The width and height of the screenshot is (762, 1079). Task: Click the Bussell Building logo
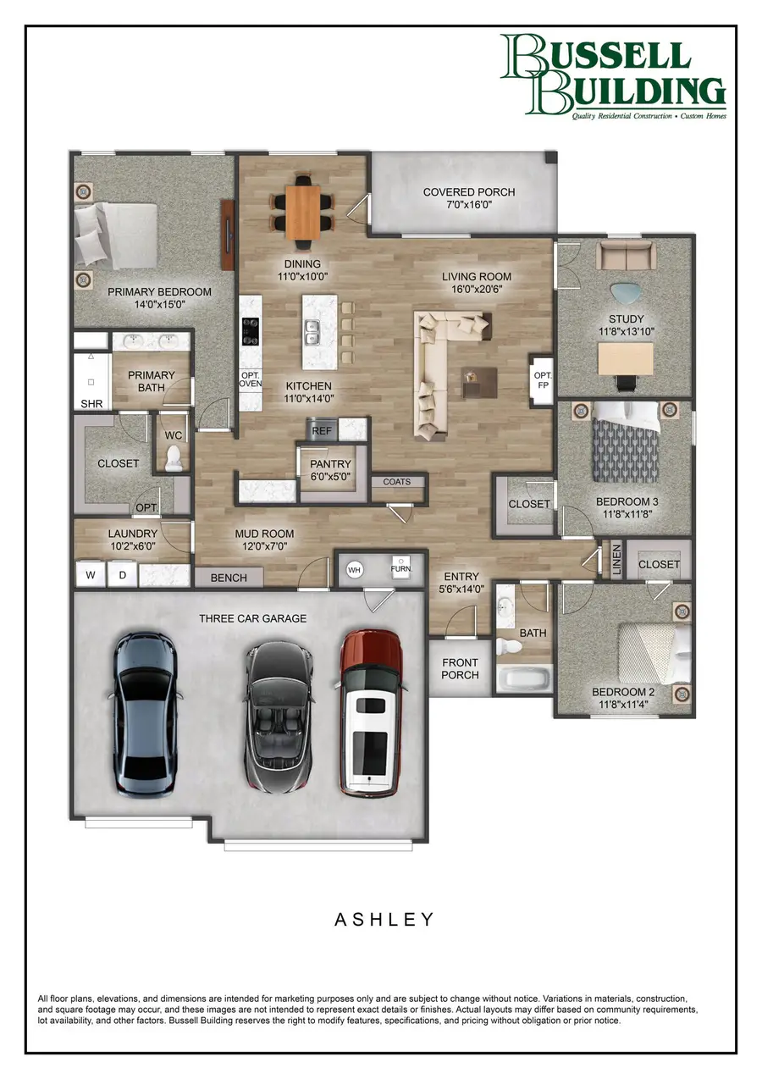tap(612, 76)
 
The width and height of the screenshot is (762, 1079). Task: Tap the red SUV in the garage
tap(371, 713)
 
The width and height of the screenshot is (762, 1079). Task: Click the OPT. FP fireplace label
tap(540, 381)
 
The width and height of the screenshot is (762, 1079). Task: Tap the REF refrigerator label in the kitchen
tap(322, 431)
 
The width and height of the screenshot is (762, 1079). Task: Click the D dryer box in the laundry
tap(122, 576)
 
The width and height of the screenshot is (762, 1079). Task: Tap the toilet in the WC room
tap(174, 458)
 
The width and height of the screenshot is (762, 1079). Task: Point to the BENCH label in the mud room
tap(229, 578)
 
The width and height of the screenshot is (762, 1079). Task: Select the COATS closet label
tap(396, 482)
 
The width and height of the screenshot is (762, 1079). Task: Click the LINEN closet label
tap(616, 562)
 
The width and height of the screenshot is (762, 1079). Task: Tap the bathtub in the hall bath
tap(523, 679)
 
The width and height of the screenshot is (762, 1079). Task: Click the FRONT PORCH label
tap(460, 668)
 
